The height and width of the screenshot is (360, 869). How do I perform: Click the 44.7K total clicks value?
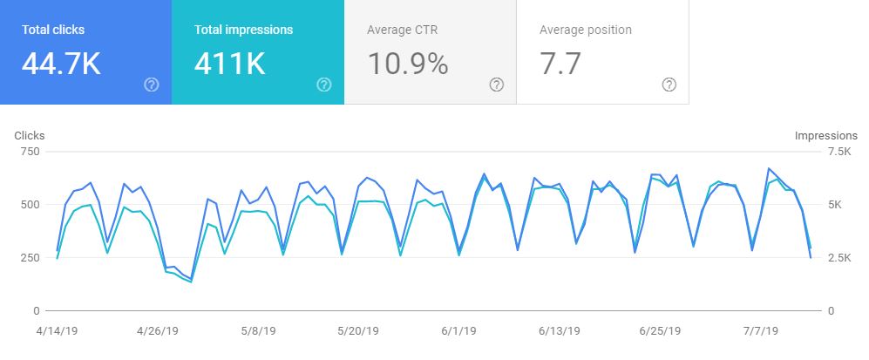click(x=62, y=64)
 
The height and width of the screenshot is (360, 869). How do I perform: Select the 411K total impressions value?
click(x=228, y=64)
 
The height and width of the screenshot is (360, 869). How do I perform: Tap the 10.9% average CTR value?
click(x=407, y=64)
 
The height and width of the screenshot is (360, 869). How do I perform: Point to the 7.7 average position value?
click(x=560, y=64)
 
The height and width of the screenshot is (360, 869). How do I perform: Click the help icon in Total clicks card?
click(x=151, y=85)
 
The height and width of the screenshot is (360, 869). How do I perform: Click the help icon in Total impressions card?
click(x=324, y=85)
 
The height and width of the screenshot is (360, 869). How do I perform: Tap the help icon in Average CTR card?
click(x=497, y=85)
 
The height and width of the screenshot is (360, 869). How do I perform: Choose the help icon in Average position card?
click(x=669, y=85)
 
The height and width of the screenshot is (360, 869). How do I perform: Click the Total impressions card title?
click(x=243, y=30)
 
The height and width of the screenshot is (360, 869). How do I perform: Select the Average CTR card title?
click(x=402, y=30)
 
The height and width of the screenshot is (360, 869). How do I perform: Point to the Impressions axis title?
click(x=825, y=135)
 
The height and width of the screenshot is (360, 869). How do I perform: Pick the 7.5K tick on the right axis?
click(x=838, y=152)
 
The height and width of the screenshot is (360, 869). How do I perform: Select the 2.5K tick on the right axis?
click(x=838, y=258)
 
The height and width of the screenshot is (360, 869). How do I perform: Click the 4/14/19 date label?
click(x=57, y=331)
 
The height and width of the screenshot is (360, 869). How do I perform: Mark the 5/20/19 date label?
click(x=357, y=331)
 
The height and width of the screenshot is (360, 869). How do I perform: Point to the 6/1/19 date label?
click(x=458, y=331)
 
